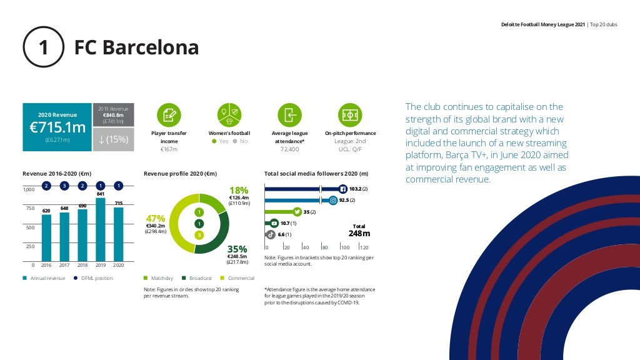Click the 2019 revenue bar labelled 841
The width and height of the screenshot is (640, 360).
point(101,230)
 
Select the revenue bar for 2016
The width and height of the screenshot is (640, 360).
point(46,238)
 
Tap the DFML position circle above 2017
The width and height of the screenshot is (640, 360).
point(64,186)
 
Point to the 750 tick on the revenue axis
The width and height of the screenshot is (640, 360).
point(30,208)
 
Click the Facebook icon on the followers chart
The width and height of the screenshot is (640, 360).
point(343,189)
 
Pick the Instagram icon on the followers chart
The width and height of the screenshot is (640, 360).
point(334,201)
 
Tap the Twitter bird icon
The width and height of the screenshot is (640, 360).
point(297,211)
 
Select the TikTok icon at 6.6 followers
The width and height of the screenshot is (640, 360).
point(271,235)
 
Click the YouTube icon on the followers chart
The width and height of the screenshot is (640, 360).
point(274,223)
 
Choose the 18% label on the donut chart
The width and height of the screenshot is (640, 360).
point(239,191)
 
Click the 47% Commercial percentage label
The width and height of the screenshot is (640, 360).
point(156,219)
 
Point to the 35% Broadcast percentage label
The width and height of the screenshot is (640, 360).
point(237,249)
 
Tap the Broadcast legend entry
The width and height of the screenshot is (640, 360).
point(197,278)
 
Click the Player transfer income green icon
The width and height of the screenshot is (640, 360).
point(169,115)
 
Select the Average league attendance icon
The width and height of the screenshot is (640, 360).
point(290,115)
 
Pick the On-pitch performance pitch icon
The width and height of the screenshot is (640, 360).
point(350,115)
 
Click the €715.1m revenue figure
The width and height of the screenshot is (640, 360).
point(57,127)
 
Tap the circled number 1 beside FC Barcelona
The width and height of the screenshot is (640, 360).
point(44,47)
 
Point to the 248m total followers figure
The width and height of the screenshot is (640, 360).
point(359,234)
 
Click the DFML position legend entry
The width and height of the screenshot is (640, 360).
point(93,278)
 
